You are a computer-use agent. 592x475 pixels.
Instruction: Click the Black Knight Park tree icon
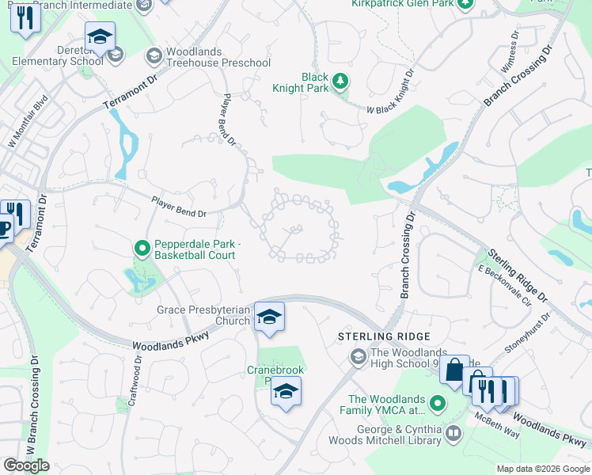click(x=340, y=82)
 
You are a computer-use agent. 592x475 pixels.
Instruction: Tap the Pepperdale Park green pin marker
click(x=142, y=249)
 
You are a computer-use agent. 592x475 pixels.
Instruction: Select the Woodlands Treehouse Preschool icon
click(x=154, y=55)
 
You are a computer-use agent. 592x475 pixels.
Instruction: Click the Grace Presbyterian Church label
click(x=203, y=315)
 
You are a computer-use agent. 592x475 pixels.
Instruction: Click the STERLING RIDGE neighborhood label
click(x=385, y=336)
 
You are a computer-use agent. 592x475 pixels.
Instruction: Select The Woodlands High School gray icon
click(x=358, y=359)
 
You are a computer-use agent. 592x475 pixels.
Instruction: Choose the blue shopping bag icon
click(x=454, y=370)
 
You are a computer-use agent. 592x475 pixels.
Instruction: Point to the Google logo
click(x=26, y=465)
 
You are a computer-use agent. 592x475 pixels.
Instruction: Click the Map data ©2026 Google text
click(x=542, y=469)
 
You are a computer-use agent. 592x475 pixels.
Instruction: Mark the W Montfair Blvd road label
click(x=28, y=116)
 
